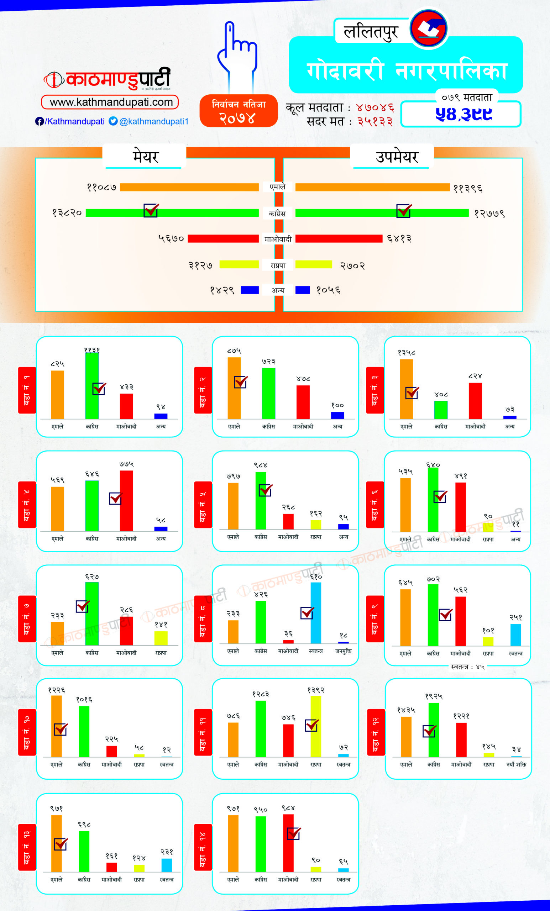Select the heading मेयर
pos(145,156)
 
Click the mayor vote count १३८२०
pos(67,213)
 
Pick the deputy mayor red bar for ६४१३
pos(339,238)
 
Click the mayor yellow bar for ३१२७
pos(239,264)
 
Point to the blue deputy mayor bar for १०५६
pos(303,290)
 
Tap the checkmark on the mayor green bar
pos(151,210)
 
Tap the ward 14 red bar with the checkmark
pos(288,847)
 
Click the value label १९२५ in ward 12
pos(434,696)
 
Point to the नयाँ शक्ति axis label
pos(516,764)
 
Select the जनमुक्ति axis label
pos(343,651)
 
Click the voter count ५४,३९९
pos(464,114)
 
